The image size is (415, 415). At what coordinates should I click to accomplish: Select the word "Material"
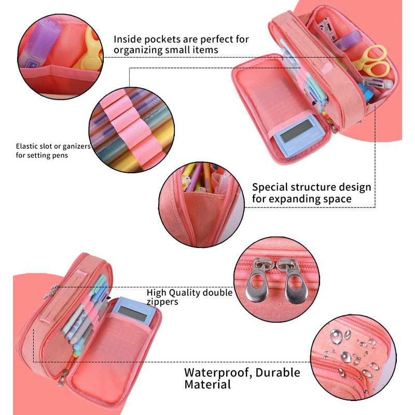208,385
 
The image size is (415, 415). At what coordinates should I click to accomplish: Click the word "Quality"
183,293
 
